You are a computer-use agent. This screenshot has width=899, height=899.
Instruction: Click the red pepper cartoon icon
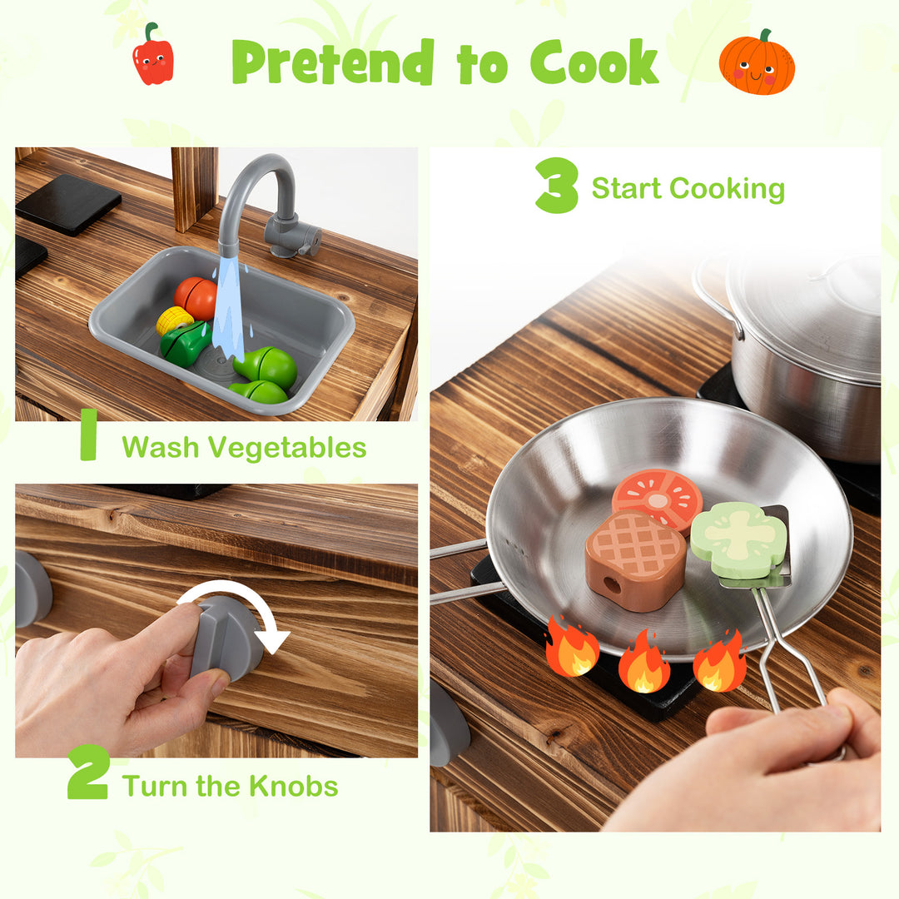[153, 56]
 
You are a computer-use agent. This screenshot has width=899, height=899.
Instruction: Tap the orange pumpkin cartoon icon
[756, 63]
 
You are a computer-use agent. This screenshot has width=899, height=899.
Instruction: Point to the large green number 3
[556, 185]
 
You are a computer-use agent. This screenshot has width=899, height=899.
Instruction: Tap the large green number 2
[87, 772]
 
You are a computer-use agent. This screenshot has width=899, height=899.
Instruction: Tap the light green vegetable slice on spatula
[738, 539]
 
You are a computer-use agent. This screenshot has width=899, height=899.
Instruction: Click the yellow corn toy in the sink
[174, 320]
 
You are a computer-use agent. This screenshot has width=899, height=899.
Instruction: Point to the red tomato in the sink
[196, 297]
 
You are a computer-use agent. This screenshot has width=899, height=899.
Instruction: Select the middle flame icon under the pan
[643, 662]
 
